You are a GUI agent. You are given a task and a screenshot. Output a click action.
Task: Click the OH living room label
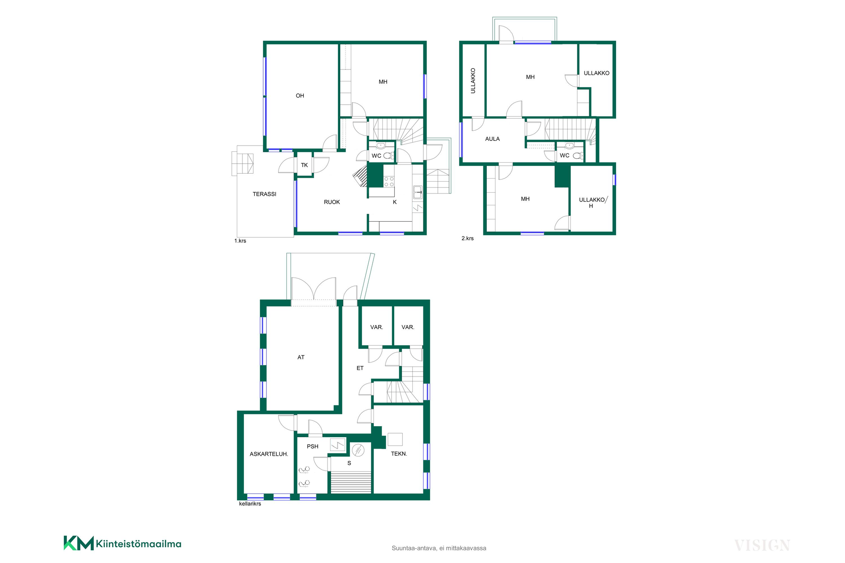pos(300,95)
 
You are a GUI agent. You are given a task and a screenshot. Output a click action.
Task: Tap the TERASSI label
pos(265,194)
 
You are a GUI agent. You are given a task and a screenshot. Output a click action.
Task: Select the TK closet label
pos(305,165)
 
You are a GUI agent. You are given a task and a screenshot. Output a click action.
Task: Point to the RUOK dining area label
pos(332,202)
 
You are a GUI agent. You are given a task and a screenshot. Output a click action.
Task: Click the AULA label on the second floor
pos(492,139)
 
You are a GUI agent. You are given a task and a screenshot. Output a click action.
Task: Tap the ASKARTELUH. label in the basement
pos(269,454)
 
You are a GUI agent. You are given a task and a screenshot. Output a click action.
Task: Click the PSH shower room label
pos(312,446)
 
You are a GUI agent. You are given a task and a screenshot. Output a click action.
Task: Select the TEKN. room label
pos(399,454)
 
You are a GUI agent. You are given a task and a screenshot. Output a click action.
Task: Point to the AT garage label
pos(301,358)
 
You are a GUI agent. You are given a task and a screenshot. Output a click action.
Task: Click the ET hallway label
pos(360,368)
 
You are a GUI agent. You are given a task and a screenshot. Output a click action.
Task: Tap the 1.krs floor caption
pos(240,241)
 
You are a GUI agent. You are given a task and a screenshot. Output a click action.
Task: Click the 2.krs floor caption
pos(467,238)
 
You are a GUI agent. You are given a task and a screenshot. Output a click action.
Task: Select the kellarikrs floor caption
pos(250,504)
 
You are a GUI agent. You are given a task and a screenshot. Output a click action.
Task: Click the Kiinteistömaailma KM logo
pos(122,543)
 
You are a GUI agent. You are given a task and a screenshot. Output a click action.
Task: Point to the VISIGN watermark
pos(762,545)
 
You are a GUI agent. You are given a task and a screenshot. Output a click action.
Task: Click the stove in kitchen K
pos(389,182)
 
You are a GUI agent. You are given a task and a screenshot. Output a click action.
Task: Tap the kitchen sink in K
pos(418,192)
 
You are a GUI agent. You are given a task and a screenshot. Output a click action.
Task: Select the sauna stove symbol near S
pos(358,450)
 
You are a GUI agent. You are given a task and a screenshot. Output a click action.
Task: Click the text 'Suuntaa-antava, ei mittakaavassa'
pos(439,548)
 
